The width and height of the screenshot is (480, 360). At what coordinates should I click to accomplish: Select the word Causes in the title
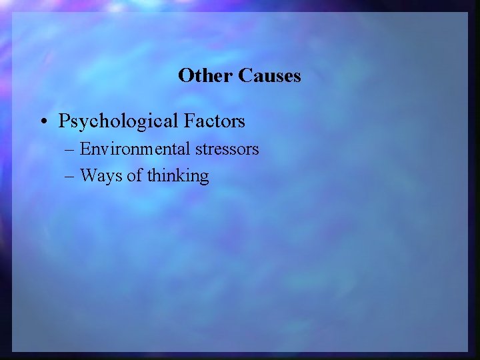tap(269, 75)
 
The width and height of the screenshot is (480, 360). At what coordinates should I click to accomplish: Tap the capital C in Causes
tap(243, 75)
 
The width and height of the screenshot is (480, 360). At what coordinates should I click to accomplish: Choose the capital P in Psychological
tap(64, 121)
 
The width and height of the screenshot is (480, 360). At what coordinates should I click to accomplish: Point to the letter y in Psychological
tap(83, 124)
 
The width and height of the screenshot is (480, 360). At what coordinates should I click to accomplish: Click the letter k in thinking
tap(181, 175)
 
